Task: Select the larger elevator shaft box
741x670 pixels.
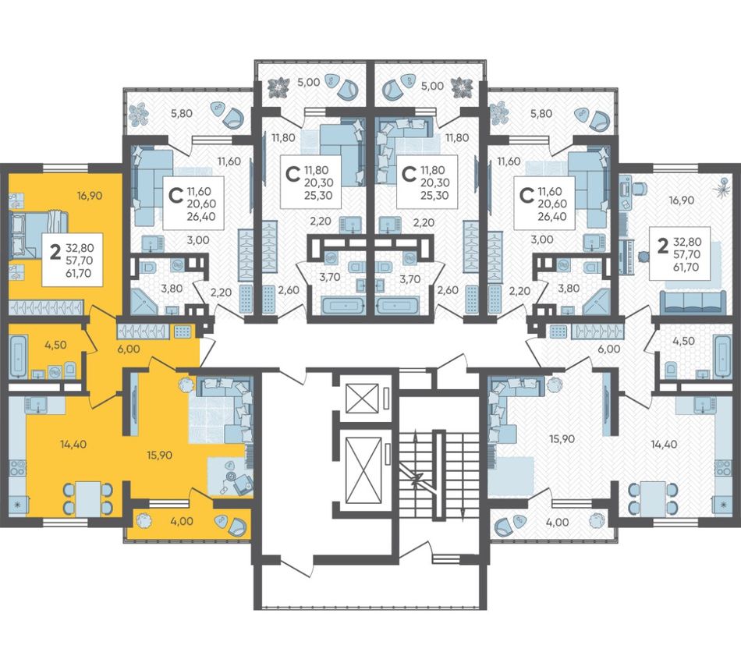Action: click(x=364, y=470)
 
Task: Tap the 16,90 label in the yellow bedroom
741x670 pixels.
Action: click(x=90, y=195)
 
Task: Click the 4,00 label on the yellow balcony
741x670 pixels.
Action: click(x=182, y=521)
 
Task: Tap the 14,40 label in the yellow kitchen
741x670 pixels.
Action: click(x=73, y=444)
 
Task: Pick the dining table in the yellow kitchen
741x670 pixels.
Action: click(x=89, y=498)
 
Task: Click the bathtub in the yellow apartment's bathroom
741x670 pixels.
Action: click(x=18, y=356)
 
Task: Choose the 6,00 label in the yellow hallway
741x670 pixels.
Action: click(x=129, y=349)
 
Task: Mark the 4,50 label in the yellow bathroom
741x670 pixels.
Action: click(x=55, y=345)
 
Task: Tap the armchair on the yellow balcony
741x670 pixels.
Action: click(x=235, y=525)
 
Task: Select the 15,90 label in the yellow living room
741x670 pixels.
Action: click(x=159, y=456)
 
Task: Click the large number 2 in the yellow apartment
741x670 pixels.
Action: click(x=55, y=253)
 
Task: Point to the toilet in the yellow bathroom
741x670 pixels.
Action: click(x=70, y=369)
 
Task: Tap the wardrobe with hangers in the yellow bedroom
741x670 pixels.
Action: click(x=46, y=307)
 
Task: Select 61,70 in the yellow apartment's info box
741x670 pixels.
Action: click(x=79, y=273)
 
